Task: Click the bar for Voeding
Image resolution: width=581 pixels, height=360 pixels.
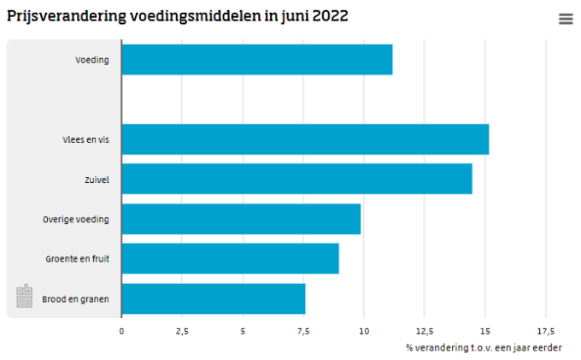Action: (256, 60)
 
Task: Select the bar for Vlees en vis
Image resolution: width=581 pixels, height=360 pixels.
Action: (304, 139)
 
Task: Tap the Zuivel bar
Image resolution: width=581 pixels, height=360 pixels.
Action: (296, 179)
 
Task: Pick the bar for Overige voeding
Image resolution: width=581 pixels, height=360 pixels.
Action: (241, 219)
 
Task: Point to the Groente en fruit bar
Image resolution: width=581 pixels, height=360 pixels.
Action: (230, 258)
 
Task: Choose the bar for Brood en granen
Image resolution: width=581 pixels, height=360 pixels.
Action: (213, 298)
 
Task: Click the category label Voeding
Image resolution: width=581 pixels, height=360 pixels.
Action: (91, 60)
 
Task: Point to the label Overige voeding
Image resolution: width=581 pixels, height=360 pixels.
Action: (76, 219)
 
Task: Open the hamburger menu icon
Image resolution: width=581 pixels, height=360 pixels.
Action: (566, 19)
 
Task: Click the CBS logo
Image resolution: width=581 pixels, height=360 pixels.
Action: (25, 296)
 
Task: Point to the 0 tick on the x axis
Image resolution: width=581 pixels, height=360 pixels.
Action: (121, 330)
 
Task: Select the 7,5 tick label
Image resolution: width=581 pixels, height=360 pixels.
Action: (303, 330)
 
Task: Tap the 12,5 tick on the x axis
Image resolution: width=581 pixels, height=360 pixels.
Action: (424, 330)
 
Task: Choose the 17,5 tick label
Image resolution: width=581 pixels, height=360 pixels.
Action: (545, 330)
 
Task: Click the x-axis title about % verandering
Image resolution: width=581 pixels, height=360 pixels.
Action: (484, 347)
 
